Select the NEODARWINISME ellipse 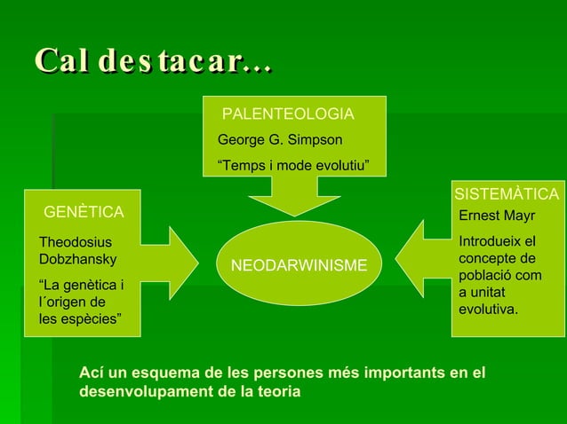[299, 265]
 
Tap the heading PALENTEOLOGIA [287, 114]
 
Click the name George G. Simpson [280, 140]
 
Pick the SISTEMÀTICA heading [507, 194]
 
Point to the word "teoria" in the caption [278, 391]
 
